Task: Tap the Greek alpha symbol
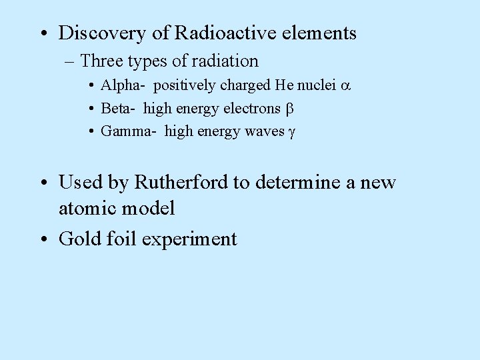[345, 86]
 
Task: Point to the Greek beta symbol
[290, 109]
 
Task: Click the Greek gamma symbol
[291, 133]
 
